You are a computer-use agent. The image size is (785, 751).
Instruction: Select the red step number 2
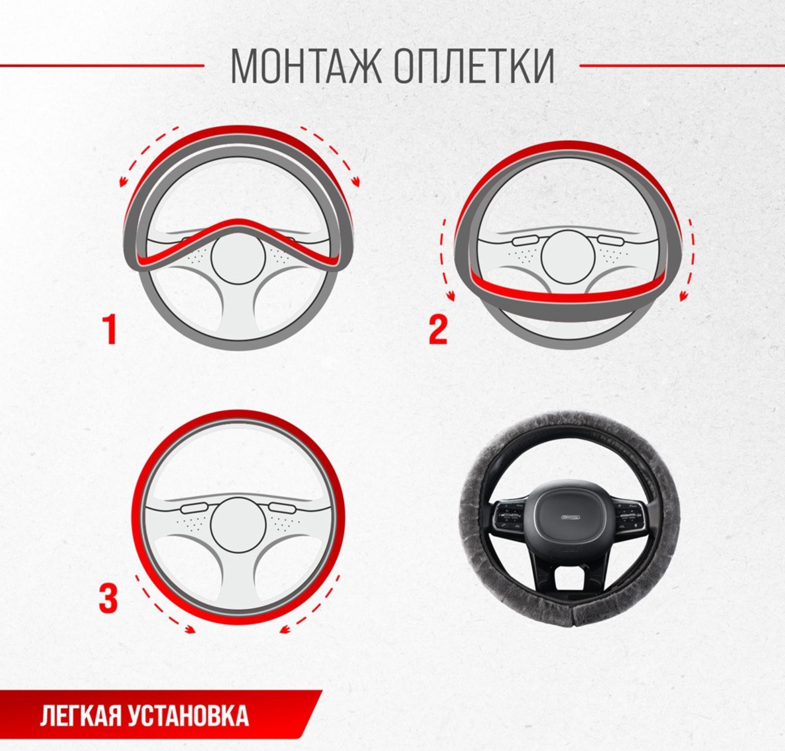438,330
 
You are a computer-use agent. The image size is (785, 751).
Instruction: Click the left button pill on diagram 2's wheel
525,242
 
